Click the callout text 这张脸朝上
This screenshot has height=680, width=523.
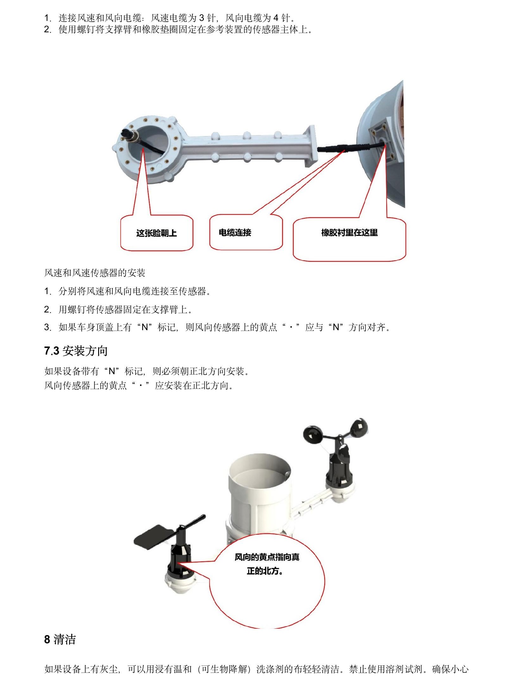pyautogui.click(x=156, y=233)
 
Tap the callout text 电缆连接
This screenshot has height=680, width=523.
pyautogui.click(x=235, y=233)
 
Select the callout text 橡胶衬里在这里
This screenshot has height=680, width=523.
pyautogui.click(x=350, y=233)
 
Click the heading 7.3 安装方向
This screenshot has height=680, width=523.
pyautogui.click(x=76, y=351)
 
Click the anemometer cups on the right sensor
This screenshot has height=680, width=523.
pyautogui.click(x=336, y=433)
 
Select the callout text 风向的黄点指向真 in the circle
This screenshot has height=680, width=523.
pyautogui.click(x=267, y=557)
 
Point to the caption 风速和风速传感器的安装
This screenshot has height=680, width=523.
pyautogui.click(x=95, y=273)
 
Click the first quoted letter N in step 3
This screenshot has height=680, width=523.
pyautogui.click(x=145, y=327)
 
